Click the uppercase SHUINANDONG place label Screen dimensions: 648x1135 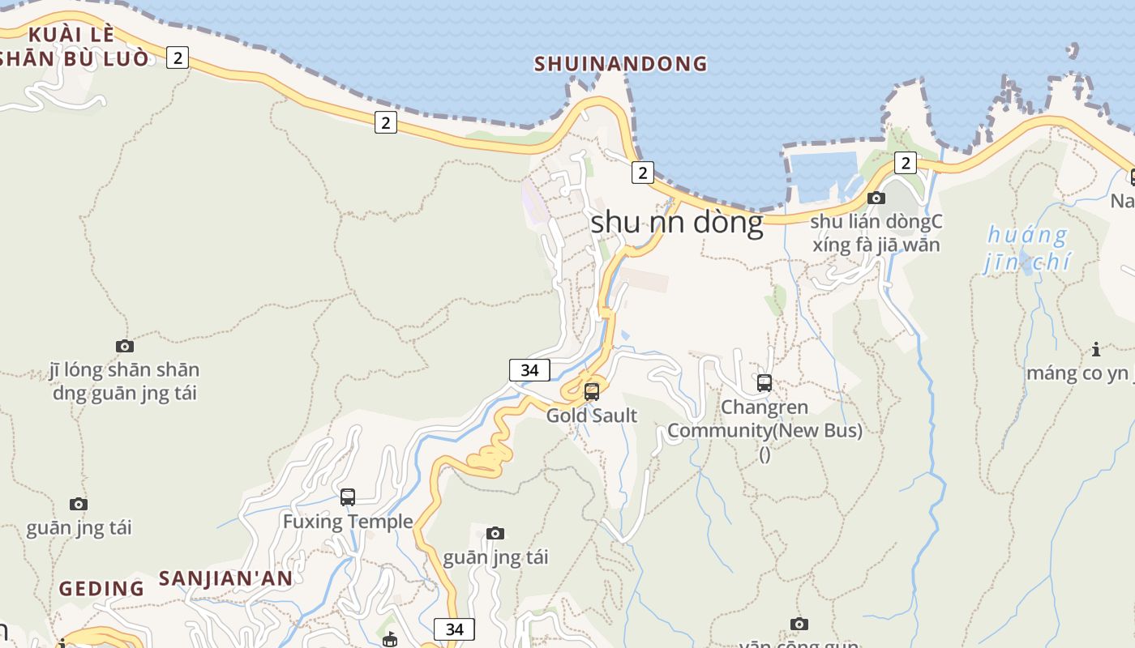point(620,64)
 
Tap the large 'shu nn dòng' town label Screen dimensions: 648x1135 point(677,222)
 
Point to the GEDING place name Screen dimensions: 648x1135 point(101,589)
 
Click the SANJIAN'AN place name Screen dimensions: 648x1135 point(225,578)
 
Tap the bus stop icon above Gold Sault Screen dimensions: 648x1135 point(592,392)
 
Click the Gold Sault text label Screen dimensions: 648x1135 point(592,416)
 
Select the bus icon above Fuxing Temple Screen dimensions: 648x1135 point(348,497)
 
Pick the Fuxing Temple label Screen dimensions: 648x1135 point(348,522)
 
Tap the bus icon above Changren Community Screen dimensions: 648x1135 point(765,383)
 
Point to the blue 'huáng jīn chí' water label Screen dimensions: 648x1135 point(1026,249)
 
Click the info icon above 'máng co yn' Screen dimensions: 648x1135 point(1096,350)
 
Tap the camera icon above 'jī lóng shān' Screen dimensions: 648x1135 point(125,347)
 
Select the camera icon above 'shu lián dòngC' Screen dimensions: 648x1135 point(876,198)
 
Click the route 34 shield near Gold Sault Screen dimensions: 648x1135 point(529,370)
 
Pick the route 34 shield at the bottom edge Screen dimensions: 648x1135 point(454,629)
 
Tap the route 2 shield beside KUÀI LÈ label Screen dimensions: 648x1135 point(178,58)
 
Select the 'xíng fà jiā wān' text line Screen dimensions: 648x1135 point(876,245)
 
